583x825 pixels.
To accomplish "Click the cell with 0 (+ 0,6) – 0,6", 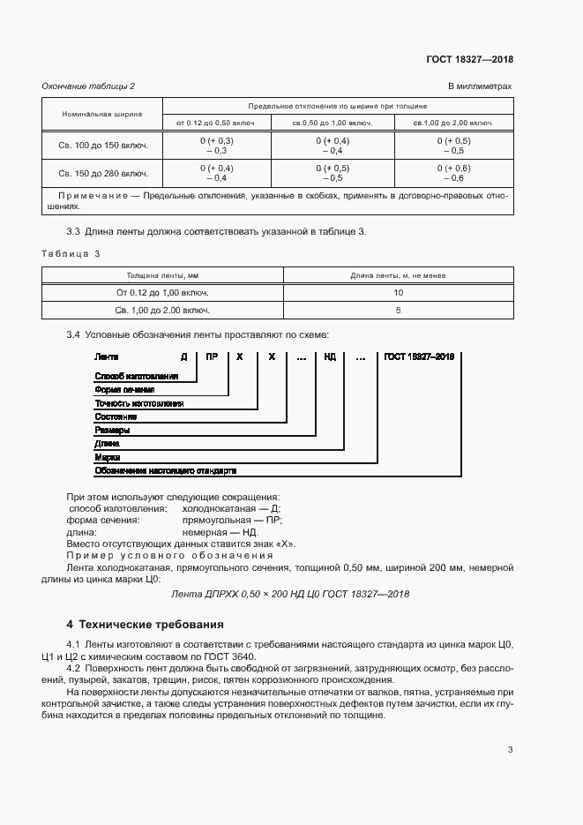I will [x=453, y=173].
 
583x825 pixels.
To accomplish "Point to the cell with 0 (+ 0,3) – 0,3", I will [x=216, y=146].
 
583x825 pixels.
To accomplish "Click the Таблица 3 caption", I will [x=71, y=253].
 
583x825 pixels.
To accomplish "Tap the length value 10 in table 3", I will [x=399, y=292].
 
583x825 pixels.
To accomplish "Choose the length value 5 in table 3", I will [x=399, y=311].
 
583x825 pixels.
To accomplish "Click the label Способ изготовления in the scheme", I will [x=137, y=376].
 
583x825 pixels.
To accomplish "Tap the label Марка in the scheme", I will [x=107, y=458].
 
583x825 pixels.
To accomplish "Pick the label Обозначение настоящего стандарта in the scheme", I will [x=166, y=471].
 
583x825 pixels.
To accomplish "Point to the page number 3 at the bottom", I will [x=510, y=750].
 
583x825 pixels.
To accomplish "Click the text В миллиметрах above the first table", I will [x=480, y=86].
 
